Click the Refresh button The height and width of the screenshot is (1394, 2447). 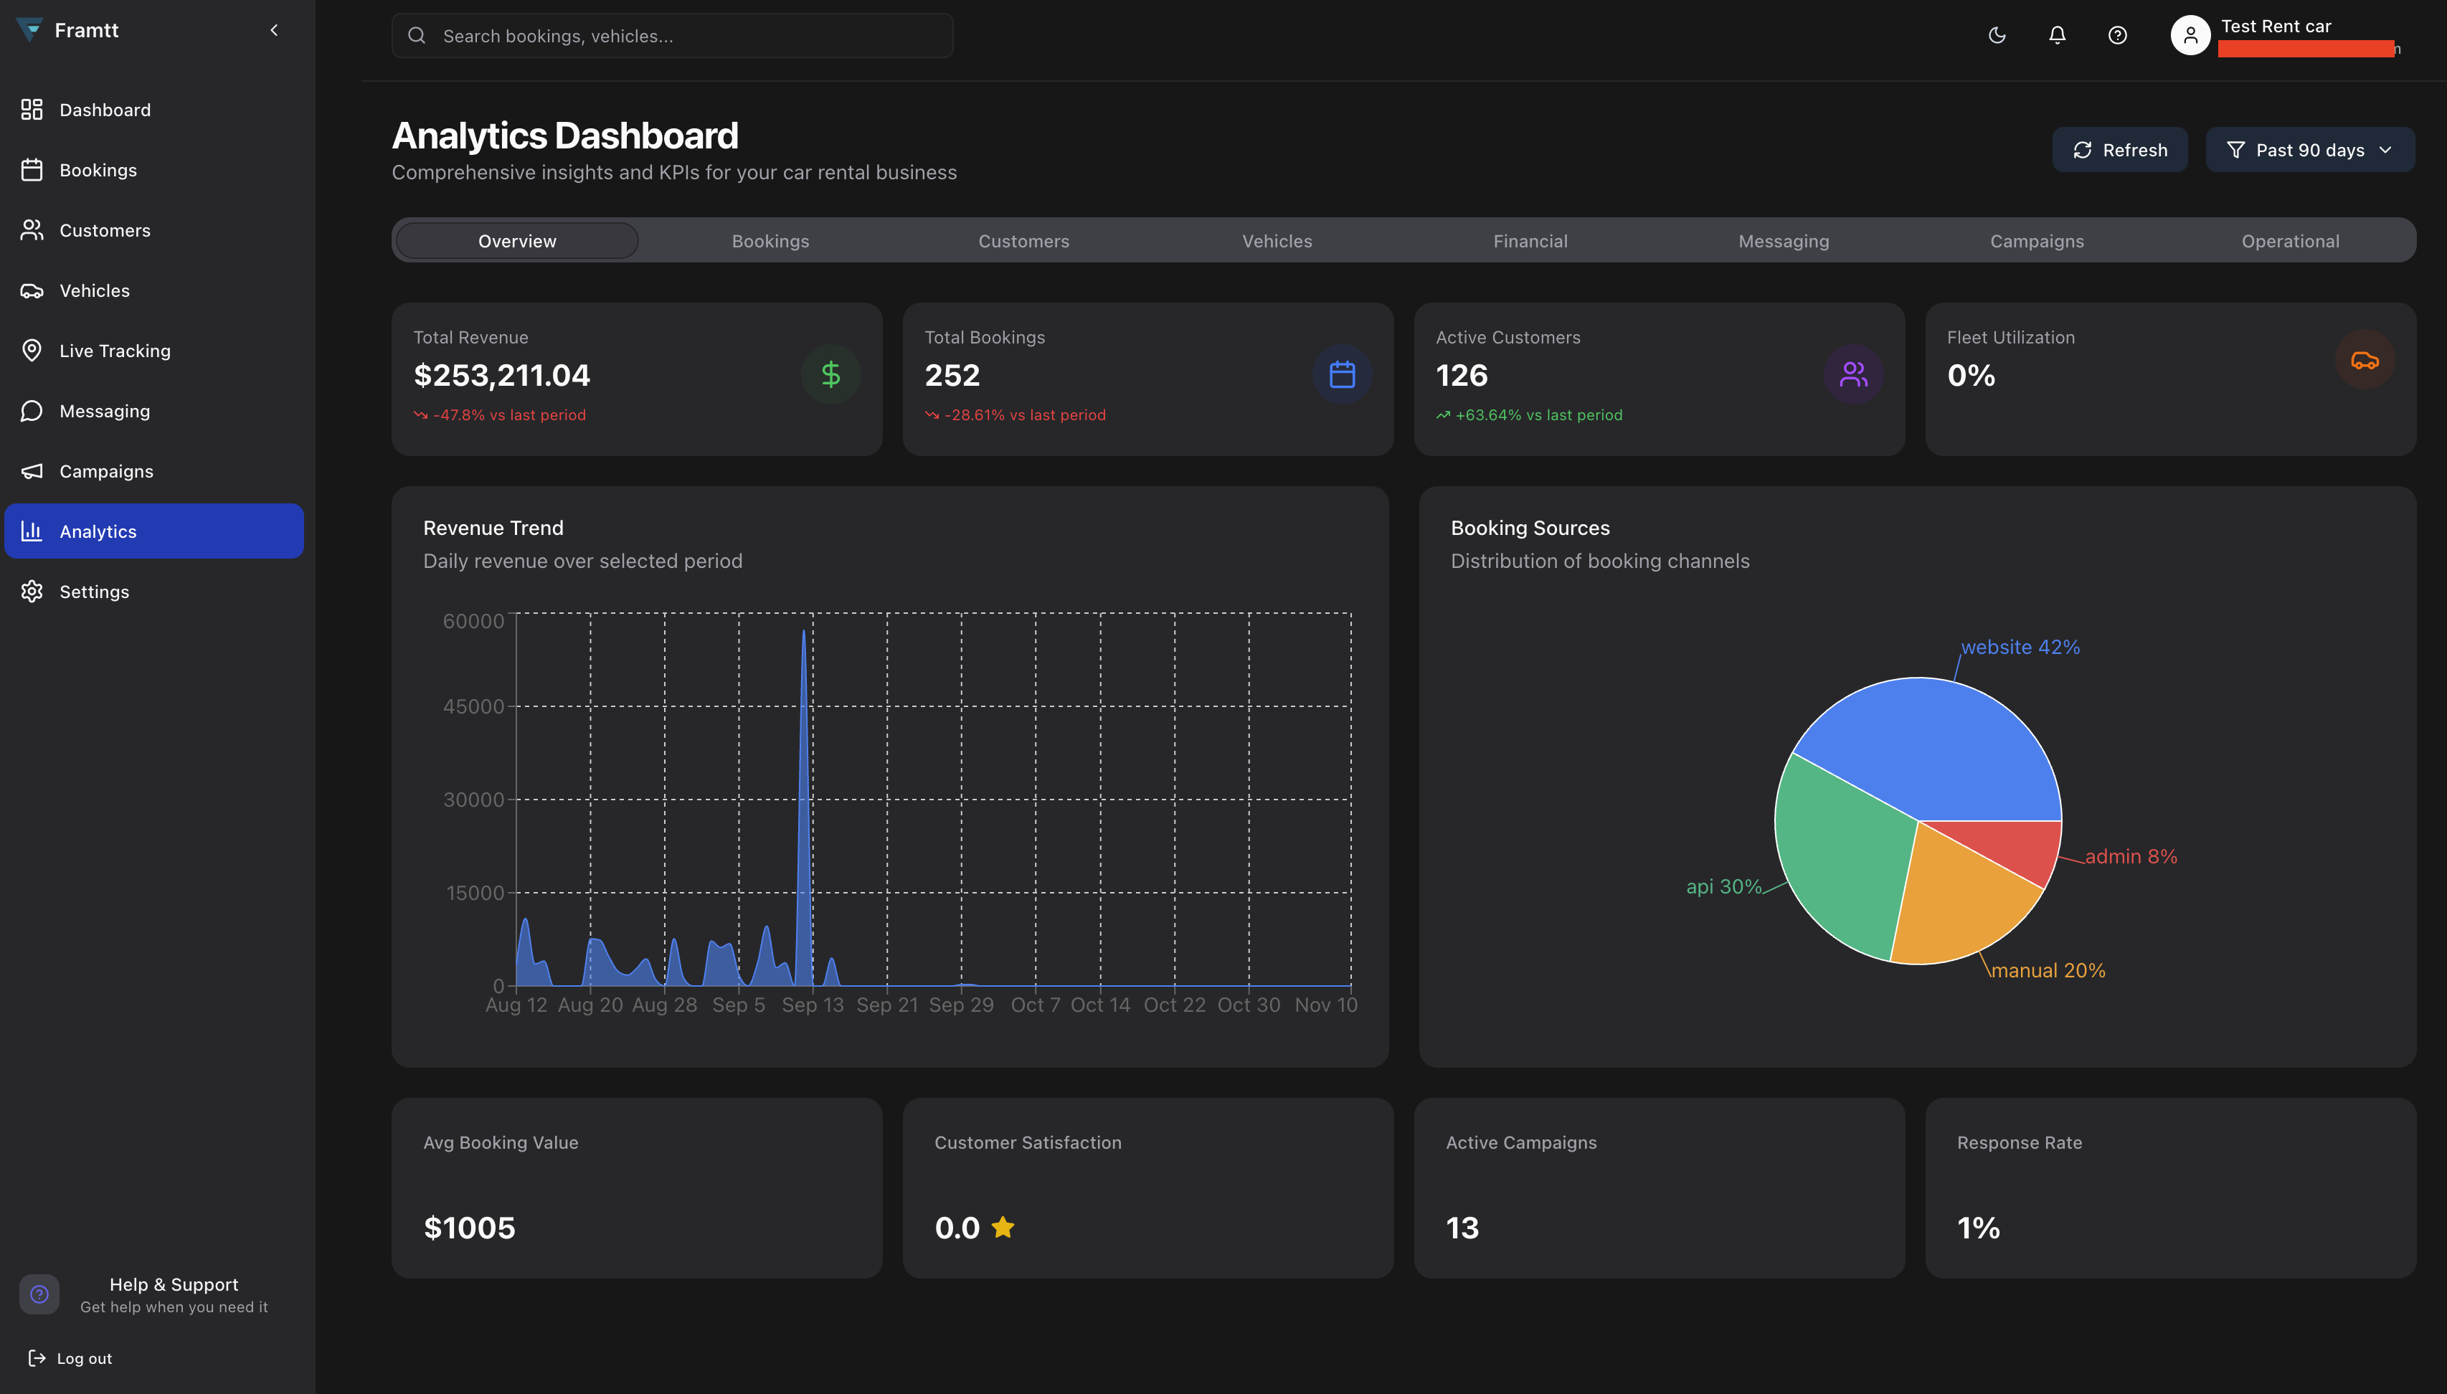(x=2119, y=151)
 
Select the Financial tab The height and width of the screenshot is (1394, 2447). (x=1529, y=241)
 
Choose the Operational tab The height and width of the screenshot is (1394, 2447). (x=2289, y=241)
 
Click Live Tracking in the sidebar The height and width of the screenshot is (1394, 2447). (x=114, y=351)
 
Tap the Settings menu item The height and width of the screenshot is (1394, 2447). (x=94, y=592)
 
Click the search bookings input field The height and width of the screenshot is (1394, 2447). (x=672, y=37)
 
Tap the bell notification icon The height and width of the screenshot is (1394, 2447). (x=2056, y=35)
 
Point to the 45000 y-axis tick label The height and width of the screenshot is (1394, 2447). (x=473, y=706)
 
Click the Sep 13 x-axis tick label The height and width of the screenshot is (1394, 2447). (x=812, y=1005)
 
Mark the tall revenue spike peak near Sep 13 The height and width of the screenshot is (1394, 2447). (x=803, y=632)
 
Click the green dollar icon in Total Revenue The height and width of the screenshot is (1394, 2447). (x=830, y=374)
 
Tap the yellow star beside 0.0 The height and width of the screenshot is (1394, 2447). (x=1003, y=1226)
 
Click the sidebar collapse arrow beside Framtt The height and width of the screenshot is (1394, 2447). (x=274, y=31)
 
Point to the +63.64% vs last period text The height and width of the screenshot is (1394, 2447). (x=1538, y=415)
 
